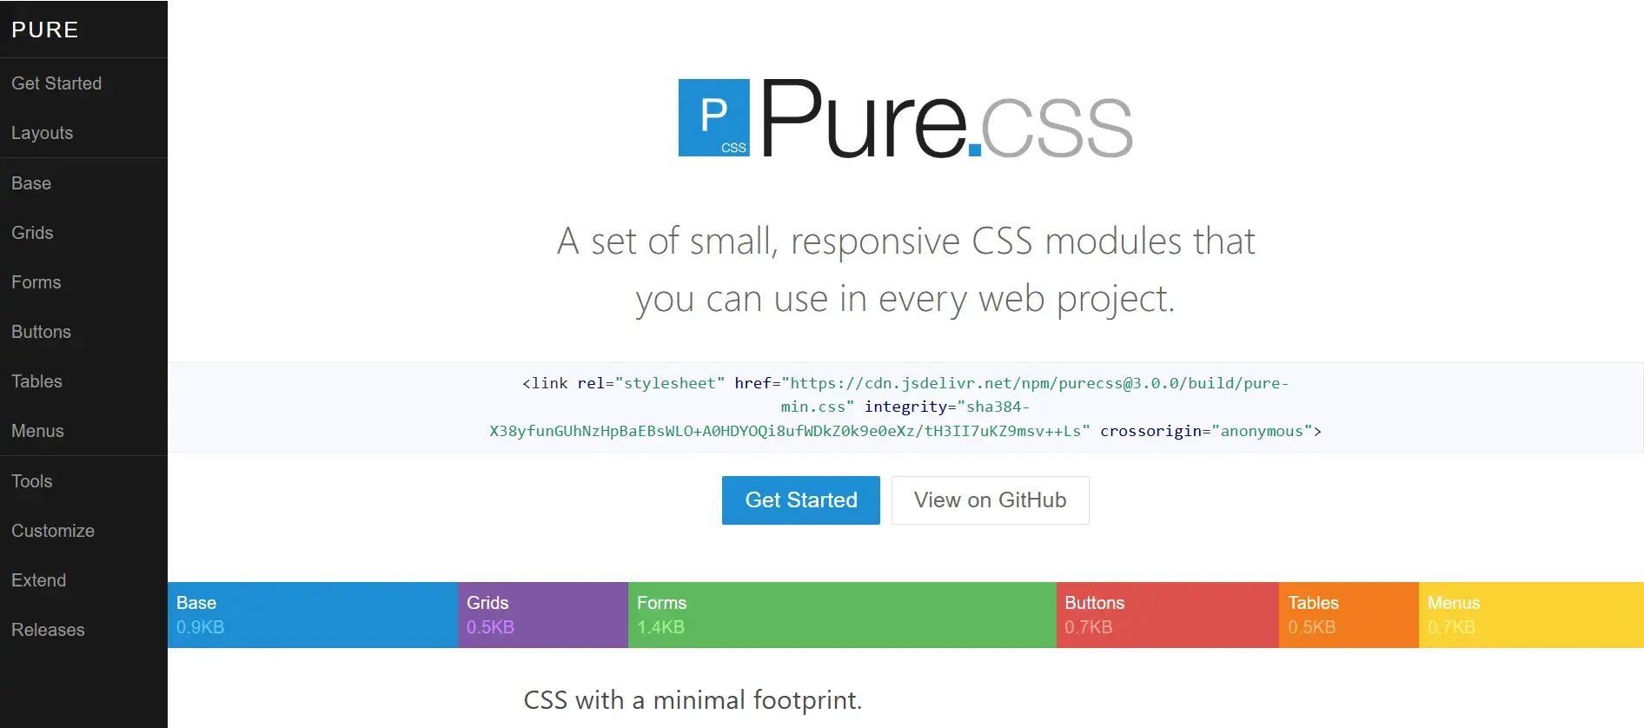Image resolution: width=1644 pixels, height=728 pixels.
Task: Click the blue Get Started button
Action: coord(800,500)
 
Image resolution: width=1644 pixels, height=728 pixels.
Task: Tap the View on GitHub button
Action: coord(990,500)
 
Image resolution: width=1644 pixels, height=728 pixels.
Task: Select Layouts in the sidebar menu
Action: coord(43,133)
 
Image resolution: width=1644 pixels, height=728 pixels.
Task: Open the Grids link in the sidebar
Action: coord(32,233)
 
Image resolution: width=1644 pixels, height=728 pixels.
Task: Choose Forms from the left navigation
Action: coord(36,282)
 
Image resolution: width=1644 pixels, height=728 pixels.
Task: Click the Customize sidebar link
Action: coord(53,531)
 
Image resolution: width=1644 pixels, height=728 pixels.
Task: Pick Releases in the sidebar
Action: coord(48,630)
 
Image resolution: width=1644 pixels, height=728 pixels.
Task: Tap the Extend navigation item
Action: coord(39,580)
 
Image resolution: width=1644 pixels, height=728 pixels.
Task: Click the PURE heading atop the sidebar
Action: coord(45,30)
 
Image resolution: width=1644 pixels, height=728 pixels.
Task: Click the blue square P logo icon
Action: coord(713,117)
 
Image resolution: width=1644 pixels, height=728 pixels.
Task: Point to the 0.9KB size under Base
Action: coord(200,627)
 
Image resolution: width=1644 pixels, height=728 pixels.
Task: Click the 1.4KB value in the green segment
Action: coord(660,627)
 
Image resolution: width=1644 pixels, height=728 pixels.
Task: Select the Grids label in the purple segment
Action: coord(487,603)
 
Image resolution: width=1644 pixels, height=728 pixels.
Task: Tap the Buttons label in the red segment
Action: coord(1095,603)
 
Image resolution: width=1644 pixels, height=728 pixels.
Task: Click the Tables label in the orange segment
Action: coord(1313,603)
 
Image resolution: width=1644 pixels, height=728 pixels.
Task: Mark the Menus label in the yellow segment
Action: coord(1454,603)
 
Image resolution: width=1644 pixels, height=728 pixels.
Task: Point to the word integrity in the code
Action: coord(905,407)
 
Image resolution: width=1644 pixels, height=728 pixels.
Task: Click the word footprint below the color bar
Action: coord(805,700)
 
